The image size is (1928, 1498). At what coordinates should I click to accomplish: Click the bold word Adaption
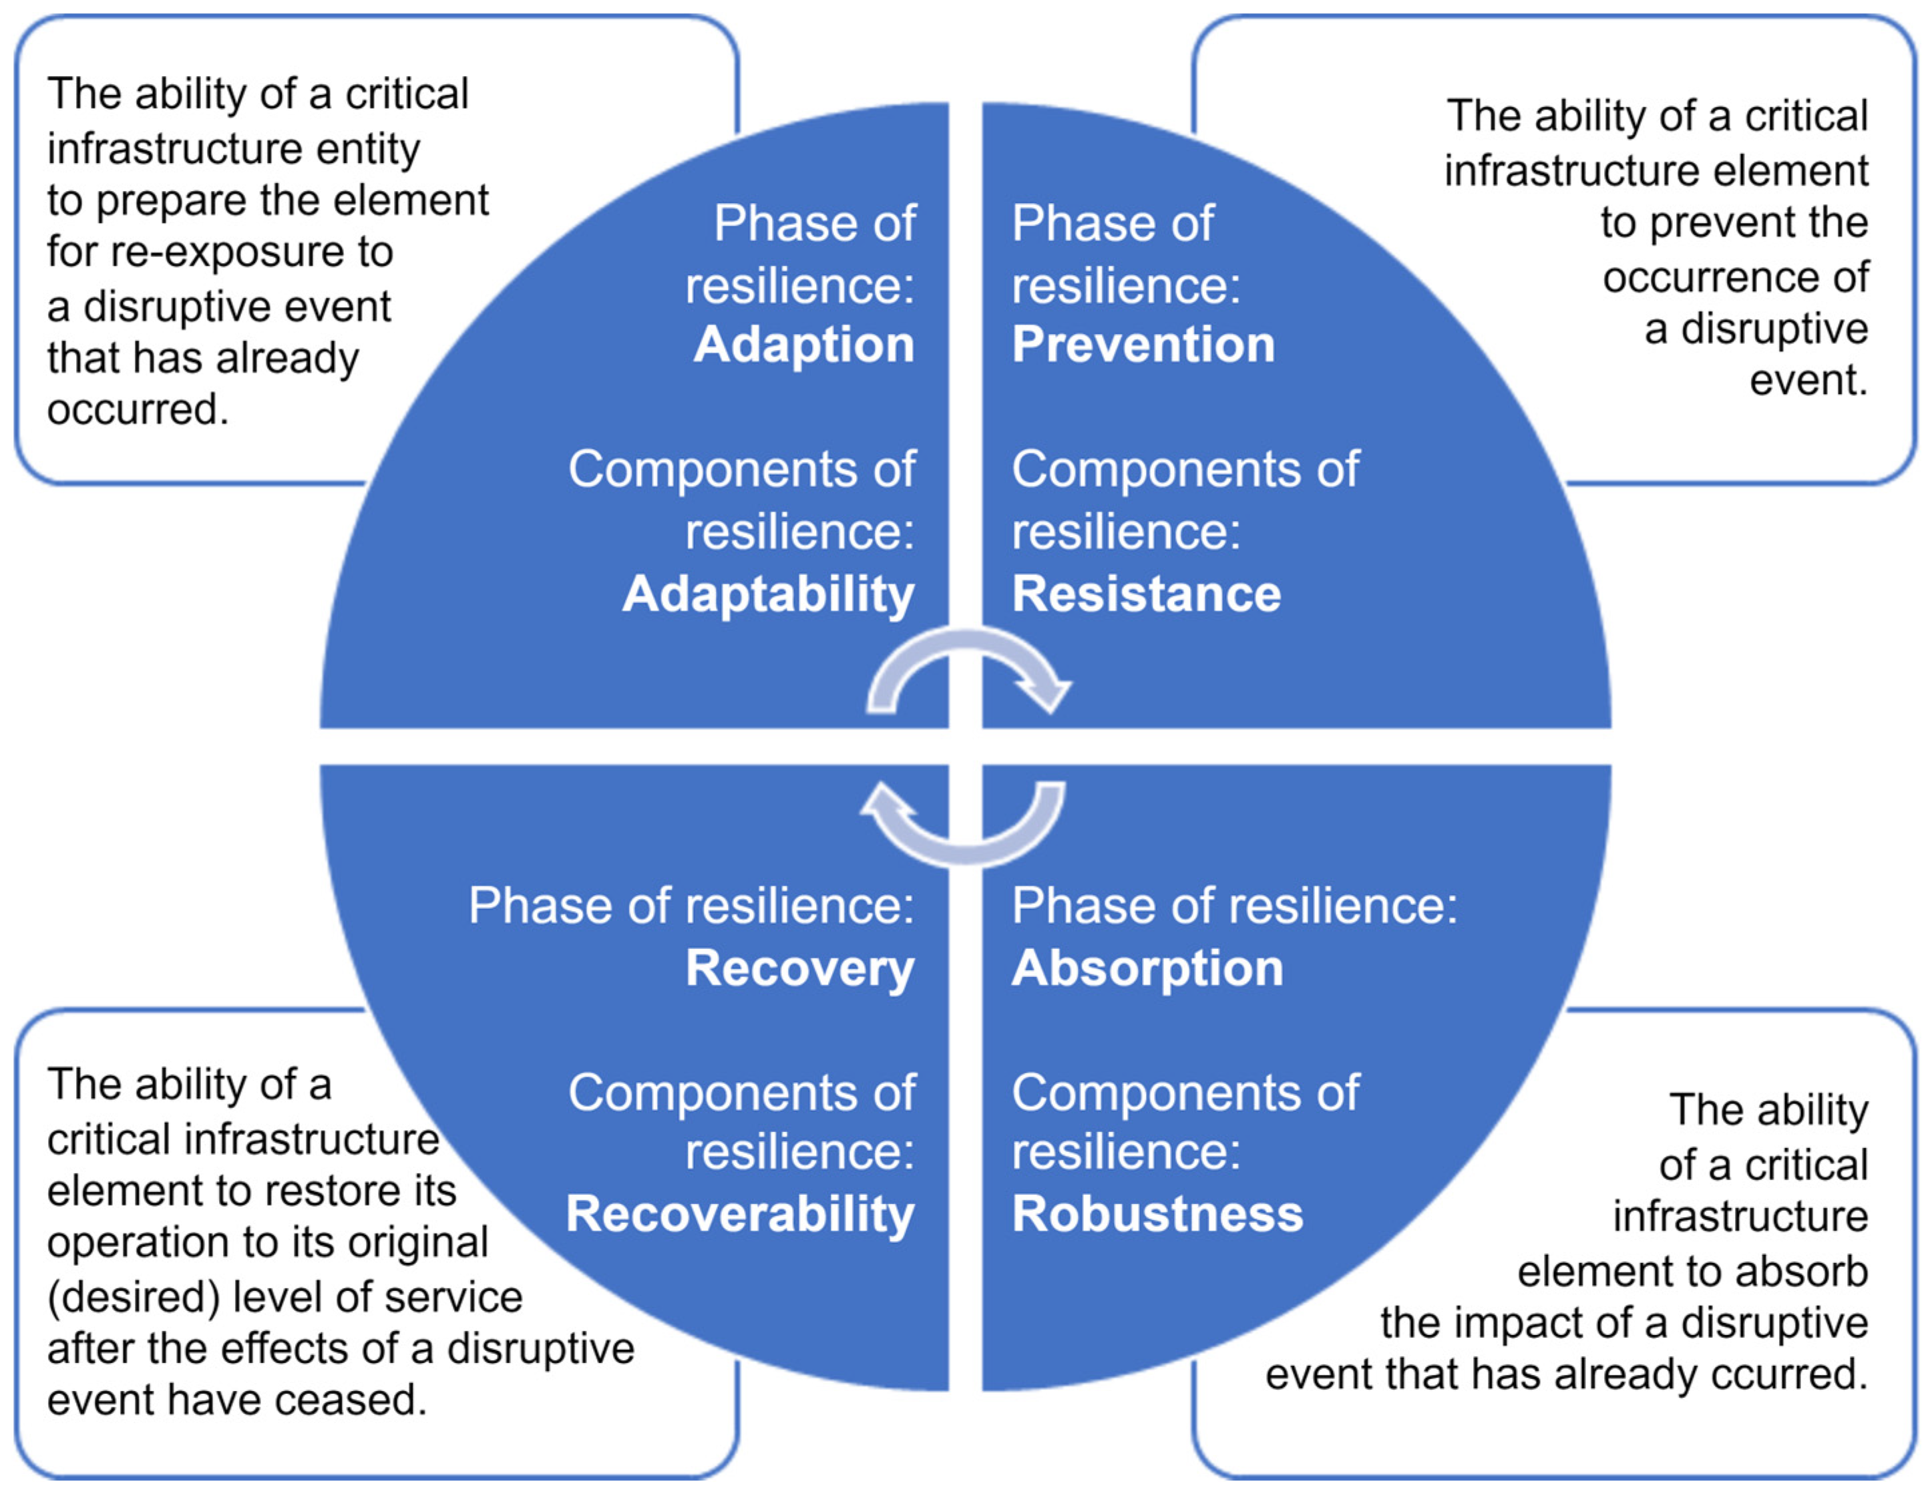pyautogui.click(x=803, y=344)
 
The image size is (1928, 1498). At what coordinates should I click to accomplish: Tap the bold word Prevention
pyautogui.click(x=1143, y=344)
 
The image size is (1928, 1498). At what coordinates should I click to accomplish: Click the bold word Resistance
pyautogui.click(x=1146, y=593)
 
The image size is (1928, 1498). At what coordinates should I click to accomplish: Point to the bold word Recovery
pyautogui.click(x=800, y=968)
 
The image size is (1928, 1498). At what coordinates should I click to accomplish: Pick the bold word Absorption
pyautogui.click(x=1147, y=968)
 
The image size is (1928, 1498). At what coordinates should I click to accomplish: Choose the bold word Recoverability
pyautogui.click(x=740, y=1213)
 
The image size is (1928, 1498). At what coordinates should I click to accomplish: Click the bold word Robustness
pyautogui.click(x=1157, y=1213)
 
